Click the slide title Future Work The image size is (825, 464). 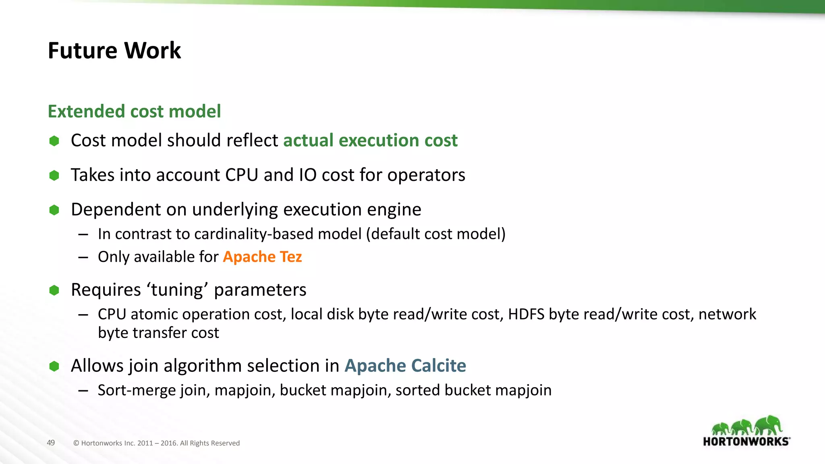pyautogui.click(x=114, y=51)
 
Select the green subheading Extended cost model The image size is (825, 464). pyautogui.click(x=134, y=112)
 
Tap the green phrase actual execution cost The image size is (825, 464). pyautogui.click(x=370, y=141)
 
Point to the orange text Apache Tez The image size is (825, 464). pyautogui.click(x=262, y=257)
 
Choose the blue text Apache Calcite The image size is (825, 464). pyautogui.click(x=405, y=366)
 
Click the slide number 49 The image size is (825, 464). pyautogui.click(x=51, y=443)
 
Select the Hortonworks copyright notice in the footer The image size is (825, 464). pyautogui.click(x=156, y=443)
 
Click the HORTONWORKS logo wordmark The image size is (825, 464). pyautogui.click(x=746, y=442)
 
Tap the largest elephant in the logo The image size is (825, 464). pyautogui.click(x=768, y=425)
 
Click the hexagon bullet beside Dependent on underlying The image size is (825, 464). pyautogui.click(x=54, y=210)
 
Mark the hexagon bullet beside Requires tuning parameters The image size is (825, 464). pyautogui.click(x=54, y=290)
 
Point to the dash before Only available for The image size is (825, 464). pyautogui.click(x=83, y=257)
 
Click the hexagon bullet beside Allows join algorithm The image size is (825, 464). pyautogui.click(x=54, y=366)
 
